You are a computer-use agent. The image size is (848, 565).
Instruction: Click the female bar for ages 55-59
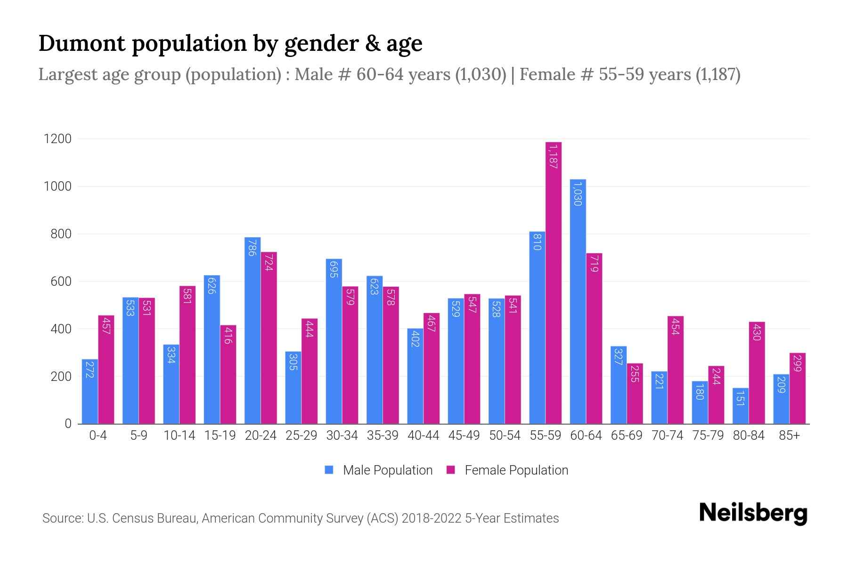pyautogui.click(x=554, y=282)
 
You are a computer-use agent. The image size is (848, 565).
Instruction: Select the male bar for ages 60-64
pyautogui.click(x=578, y=301)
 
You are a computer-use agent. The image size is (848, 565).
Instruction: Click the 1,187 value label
pyautogui.click(x=554, y=157)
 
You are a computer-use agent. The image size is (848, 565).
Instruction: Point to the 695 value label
pyautogui.click(x=334, y=269)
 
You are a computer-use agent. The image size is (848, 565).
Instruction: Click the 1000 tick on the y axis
pyautogui.click(x=57, y=186)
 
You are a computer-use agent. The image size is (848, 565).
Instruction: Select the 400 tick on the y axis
pyautogui.click(x=61, y=329)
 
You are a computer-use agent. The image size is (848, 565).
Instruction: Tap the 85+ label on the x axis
pyautogui.click(x=789, y=436)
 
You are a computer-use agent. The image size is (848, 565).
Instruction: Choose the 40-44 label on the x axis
pyautogui.click(x=423, y=436)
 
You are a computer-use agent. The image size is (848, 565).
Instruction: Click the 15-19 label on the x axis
pyautogui.click(x=220, y=436)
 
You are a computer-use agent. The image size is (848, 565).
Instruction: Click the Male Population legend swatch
pyautogui.click(x=329, y=470)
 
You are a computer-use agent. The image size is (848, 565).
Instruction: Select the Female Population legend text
pyautogui.click(x=516, y=470)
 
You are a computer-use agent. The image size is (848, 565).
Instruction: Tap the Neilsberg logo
pyautogui.click(x=753, y=513)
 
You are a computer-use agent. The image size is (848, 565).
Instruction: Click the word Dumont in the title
pyautogui.click(x=82, y=43)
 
